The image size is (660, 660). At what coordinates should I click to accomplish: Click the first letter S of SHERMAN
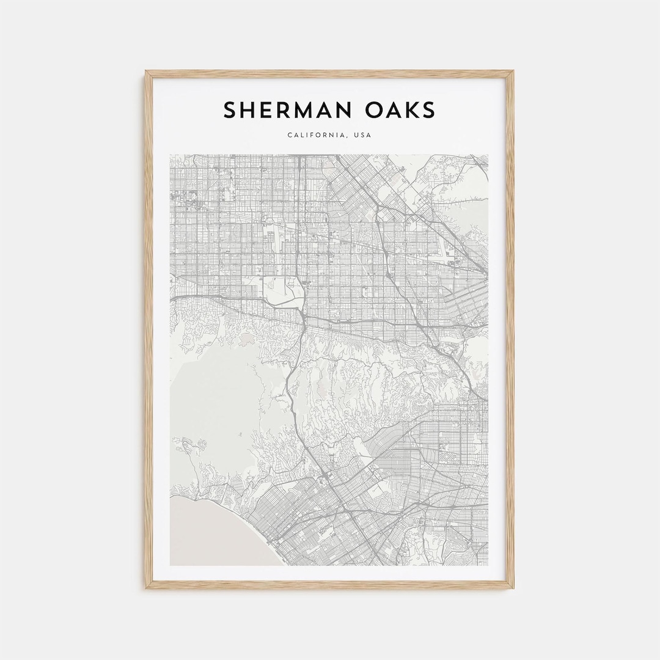[230, 111]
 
